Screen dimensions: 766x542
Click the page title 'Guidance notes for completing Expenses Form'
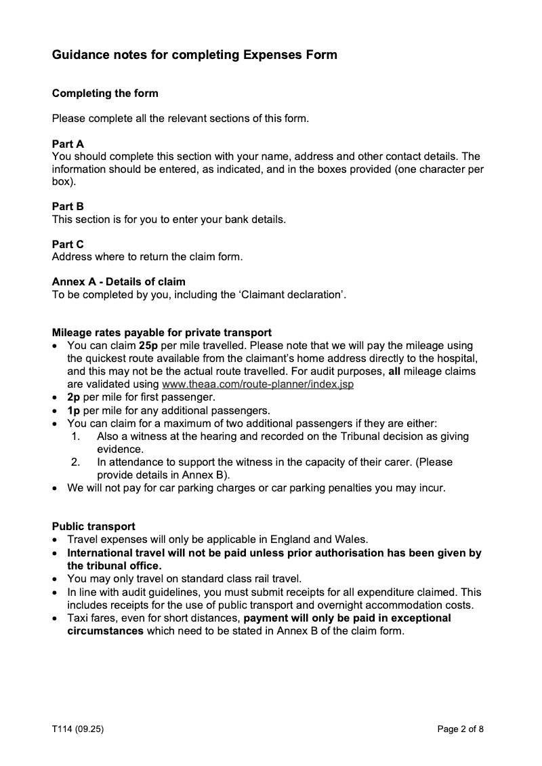point(194,55)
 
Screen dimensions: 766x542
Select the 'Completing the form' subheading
point(105,93)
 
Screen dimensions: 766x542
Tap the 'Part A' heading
point(68,144)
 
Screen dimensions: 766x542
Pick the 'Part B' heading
point(68,205)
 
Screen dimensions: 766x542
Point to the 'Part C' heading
point(68,244)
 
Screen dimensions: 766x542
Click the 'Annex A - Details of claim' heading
point(119,281)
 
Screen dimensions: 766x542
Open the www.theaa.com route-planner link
point(258,384)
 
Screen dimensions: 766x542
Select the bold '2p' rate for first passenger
point(74,397)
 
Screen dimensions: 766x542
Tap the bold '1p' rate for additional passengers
point(74,410)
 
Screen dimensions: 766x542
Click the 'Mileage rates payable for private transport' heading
point(162,332)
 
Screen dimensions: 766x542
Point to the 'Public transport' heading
point(93,526)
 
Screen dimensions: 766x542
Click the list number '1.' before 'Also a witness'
point(76,437)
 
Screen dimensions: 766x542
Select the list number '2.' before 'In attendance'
point(76,462)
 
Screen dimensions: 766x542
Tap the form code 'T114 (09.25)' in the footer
point(78,729)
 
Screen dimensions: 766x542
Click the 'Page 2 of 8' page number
point(461,729)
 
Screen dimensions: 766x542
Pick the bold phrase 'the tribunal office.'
point(114,565)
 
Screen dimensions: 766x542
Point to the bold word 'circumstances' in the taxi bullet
point(105,631)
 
